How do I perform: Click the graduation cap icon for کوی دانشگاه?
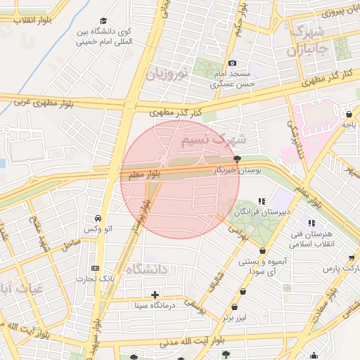104,21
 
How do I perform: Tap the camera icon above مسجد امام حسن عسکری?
233,63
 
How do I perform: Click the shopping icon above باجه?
349,114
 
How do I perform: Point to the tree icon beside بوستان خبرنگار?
237,159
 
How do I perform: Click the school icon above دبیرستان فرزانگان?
262,200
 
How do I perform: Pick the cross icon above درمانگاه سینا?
155,294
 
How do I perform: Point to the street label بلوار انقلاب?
22,19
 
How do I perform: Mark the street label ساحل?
71,244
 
